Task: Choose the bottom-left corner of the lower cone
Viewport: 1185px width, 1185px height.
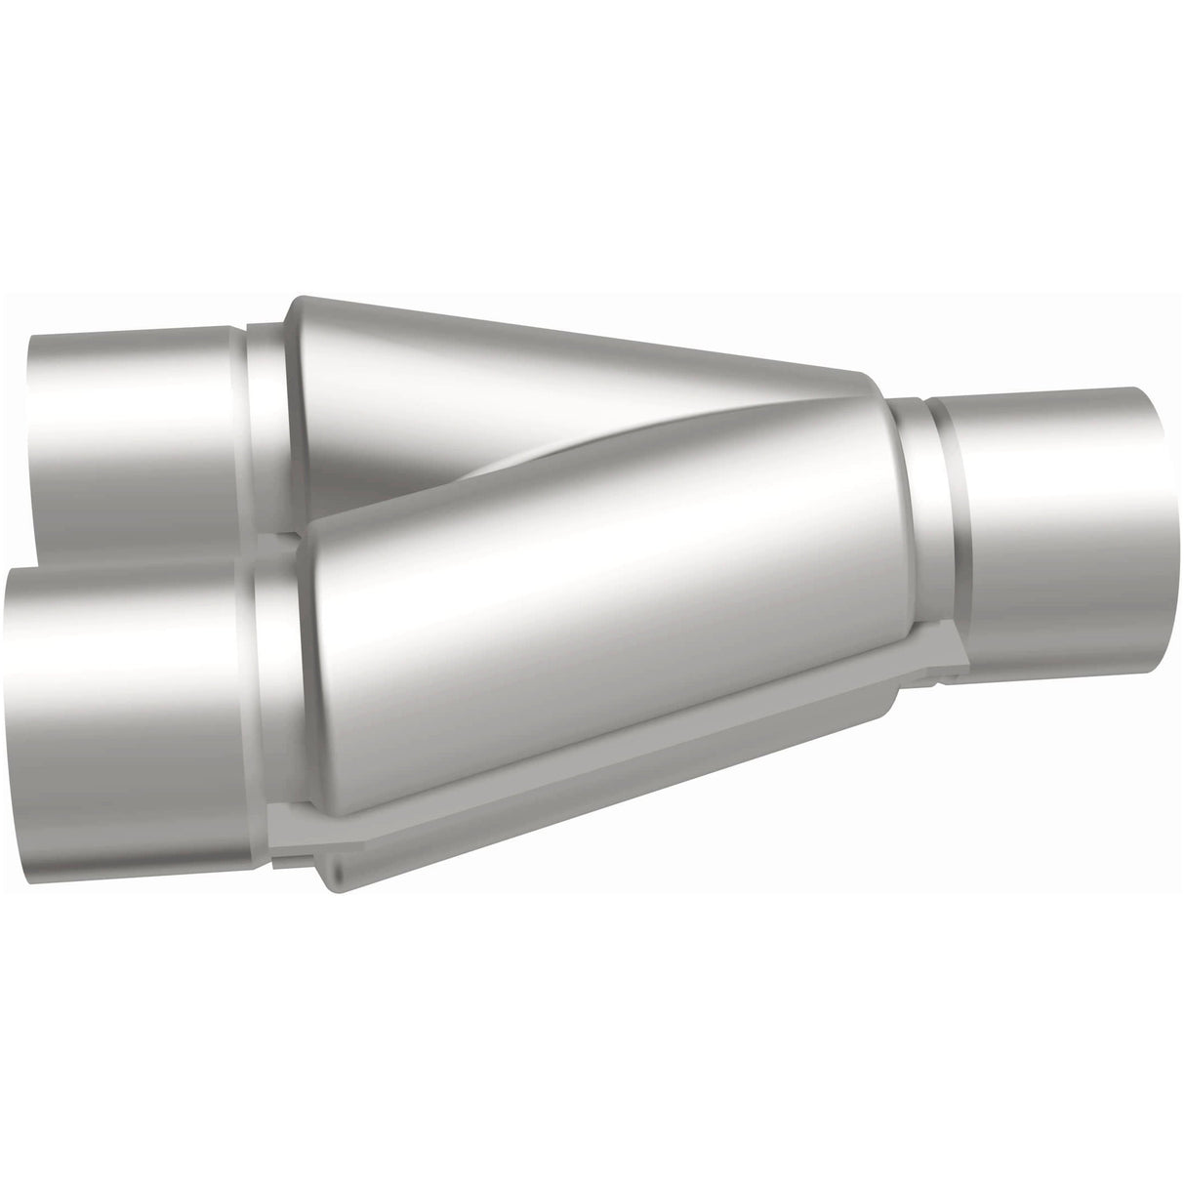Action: [322, 839]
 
